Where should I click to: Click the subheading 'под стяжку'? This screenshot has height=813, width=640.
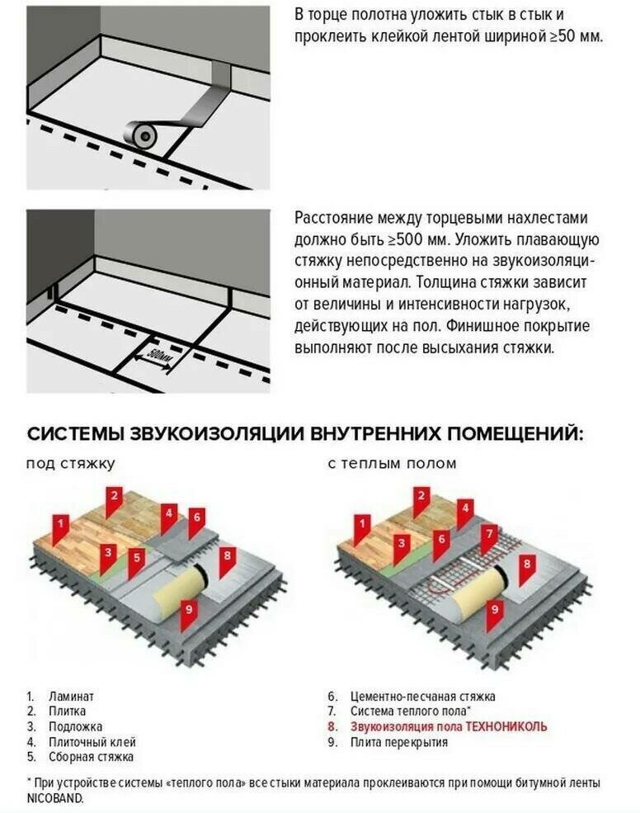(x=70, y=464)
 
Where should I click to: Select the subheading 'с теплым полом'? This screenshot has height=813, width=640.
(x=392, y=464)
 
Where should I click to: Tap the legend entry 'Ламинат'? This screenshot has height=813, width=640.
(x=71, y=697)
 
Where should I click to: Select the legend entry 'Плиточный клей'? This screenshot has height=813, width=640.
(x=92, y=741)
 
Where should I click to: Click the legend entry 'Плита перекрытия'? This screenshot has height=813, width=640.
(x=398, y=741)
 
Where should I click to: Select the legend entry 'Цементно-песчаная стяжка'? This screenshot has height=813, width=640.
(x=422, y=697)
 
